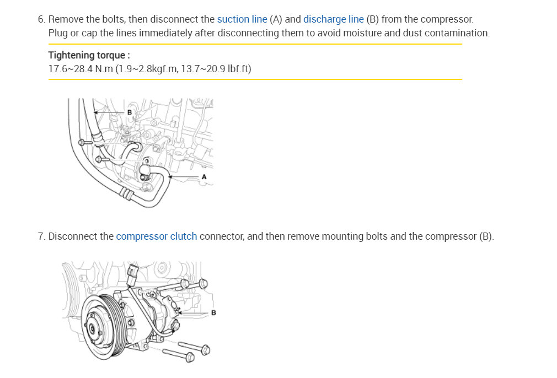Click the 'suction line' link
[x=242, y=19]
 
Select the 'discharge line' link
[x=333, y=19]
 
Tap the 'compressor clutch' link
[x=156, y=236]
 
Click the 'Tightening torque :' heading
[x=89, y=55]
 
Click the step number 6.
[x=41, y=19]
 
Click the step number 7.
[x=41, y=236]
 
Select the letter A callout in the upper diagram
[x=204, y=177]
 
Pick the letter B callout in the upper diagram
[x=129, y=112]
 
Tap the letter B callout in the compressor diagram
[x=213, y=312]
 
